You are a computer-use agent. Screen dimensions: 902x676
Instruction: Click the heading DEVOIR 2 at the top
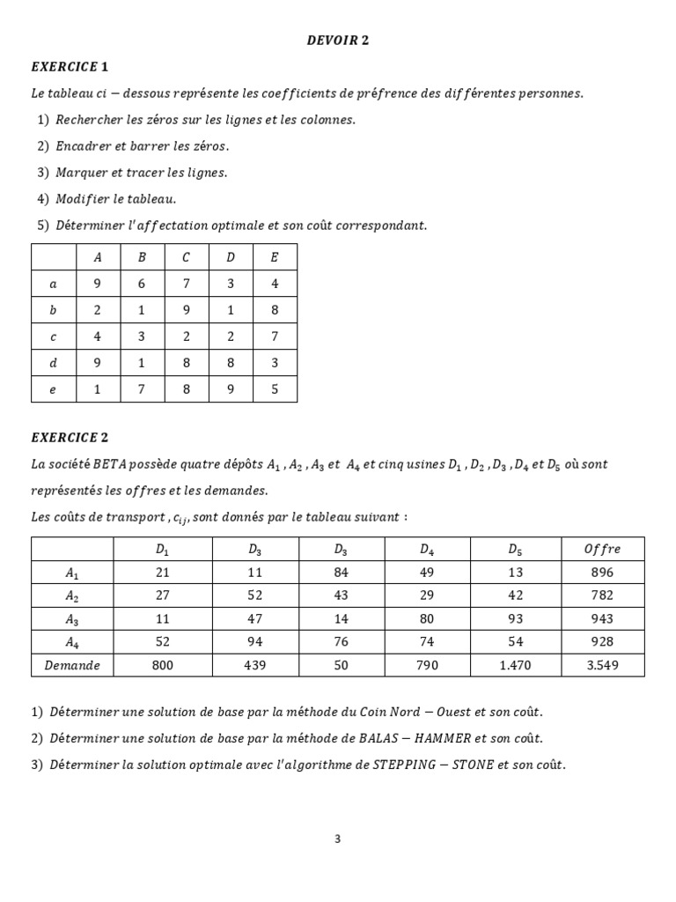pos(337,40)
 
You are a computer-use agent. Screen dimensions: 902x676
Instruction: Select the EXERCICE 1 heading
pos(70,66)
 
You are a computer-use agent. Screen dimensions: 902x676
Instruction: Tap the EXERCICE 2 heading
pos(70,437)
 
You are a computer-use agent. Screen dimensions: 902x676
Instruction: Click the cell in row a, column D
pos(231,284)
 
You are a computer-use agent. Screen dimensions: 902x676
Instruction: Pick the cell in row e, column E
pos(275,389)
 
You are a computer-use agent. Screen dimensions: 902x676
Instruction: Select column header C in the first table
pos(186,257)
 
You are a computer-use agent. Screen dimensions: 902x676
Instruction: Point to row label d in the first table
pos(54,363)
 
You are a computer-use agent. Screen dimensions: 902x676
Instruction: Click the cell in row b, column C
pos(186,310)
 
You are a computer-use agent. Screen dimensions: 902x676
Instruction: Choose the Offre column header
pos(602,549)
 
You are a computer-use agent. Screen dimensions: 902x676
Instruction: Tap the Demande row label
pos(72,665)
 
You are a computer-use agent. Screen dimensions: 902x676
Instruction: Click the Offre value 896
pos(602,572)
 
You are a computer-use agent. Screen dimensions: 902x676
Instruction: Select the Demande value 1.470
pos(515,665)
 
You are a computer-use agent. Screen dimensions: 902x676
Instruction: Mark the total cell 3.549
pos(602,665)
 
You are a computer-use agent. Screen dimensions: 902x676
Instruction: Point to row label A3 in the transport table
pos(72,618)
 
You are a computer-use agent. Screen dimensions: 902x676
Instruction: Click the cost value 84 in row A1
pos(342,572)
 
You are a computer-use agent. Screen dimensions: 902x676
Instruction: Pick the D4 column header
pos(427,549)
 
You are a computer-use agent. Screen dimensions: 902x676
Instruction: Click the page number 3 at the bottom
pos(337,839)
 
